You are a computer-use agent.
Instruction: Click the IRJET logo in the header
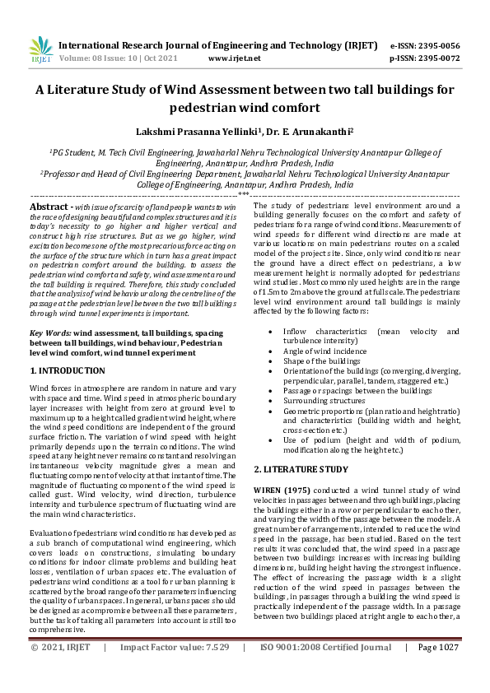[x=40, y=51]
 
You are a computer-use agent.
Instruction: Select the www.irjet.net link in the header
[x=234, y=58]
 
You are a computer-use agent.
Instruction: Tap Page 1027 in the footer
[x=438, y=671]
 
